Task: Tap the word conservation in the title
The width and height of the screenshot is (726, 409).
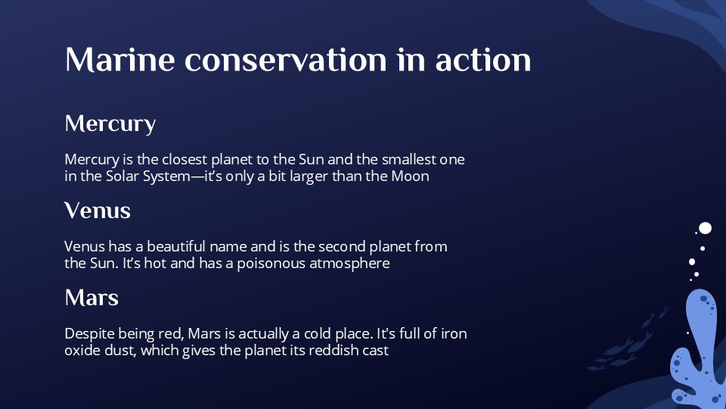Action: pyautogui.click(x=284, y=60)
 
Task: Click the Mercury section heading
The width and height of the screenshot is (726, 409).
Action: pyautogui.click(x=110, y=123)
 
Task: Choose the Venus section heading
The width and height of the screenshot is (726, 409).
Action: pyautogui.click(x=98, y=210)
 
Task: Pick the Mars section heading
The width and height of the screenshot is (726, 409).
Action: pyautogui.click(x=92, y=297)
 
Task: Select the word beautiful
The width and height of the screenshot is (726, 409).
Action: pyautogui.click(x=178, y=247)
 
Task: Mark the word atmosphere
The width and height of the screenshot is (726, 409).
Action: pyautogui.click(x=349, y=264)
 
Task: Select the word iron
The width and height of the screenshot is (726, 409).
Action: pyautogui.click(x=461, y=334)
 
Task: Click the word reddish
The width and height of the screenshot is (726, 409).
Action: pyautogui.click(x=334, y=351)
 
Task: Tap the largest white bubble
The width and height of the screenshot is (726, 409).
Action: pyautogui.click(x=705, y=228)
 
